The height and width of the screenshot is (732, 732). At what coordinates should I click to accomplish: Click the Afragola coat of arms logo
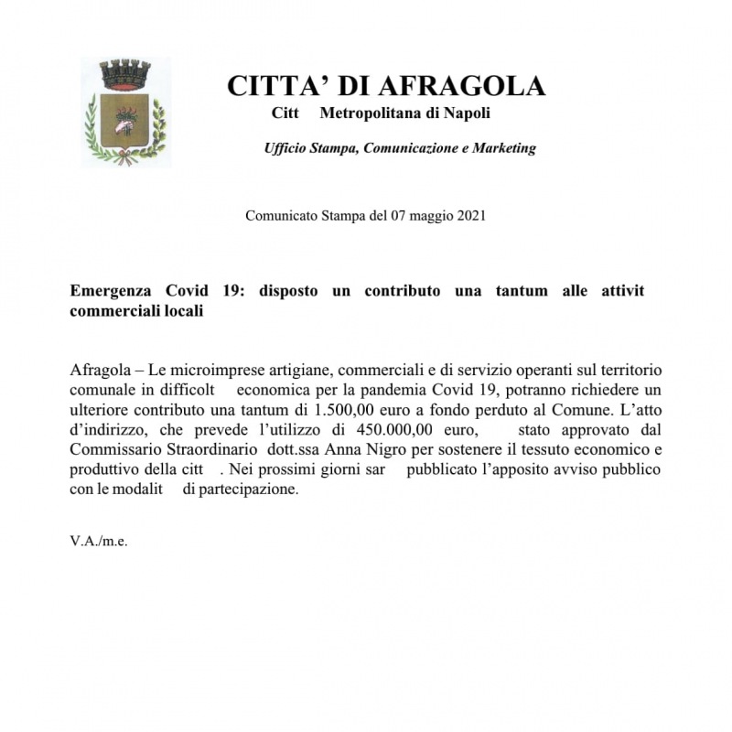[125, 113]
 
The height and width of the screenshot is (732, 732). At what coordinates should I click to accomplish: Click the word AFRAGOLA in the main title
[461, 86]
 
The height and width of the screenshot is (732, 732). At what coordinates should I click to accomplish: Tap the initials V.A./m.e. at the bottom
[99, 541]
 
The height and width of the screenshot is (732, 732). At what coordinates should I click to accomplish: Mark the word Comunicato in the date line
[281, 216]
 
